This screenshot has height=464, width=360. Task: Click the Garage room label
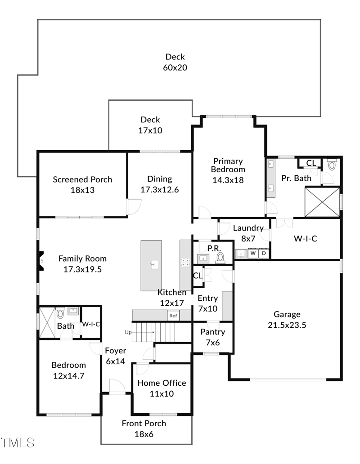[x=287, y=314]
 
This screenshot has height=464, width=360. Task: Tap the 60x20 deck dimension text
[x=175, y=68]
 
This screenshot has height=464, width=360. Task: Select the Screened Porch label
[x=82, y=179]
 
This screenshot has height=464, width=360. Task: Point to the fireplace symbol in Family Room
[x=41, y=261]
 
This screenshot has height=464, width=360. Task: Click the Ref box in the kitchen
[x=173, y=316]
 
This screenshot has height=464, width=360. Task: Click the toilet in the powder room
[x=220, y=257]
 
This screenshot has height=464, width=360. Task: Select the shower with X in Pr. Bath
[x=322, y=202]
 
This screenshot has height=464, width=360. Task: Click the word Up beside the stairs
[x=128, y=332]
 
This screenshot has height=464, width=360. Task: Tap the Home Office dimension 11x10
[x=162, y=394]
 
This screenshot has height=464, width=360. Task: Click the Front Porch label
[x=144, y=424]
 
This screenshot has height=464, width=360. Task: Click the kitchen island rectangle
[x=151, y=265]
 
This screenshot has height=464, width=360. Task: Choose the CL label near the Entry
[x=198, y=275]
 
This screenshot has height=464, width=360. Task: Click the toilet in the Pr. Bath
[x=332, y=165]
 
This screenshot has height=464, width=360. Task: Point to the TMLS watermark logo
[x=18, y=442]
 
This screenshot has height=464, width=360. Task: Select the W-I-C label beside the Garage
[x=306, y=239]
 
